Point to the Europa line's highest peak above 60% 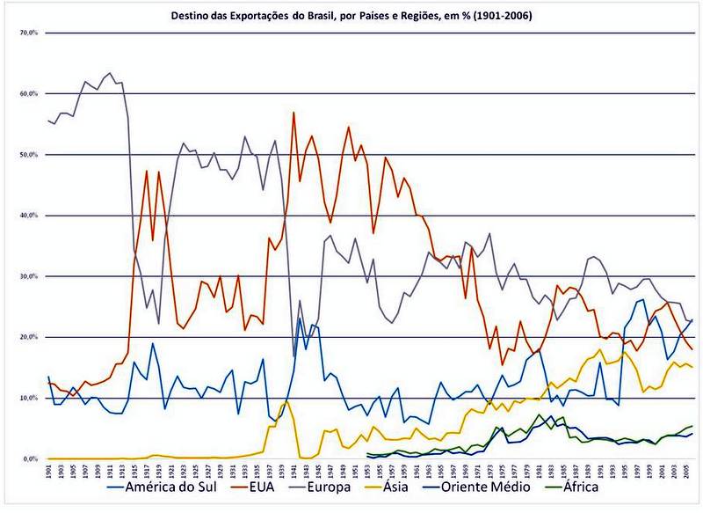pos(109,73)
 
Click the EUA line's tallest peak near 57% pos(294,113)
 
